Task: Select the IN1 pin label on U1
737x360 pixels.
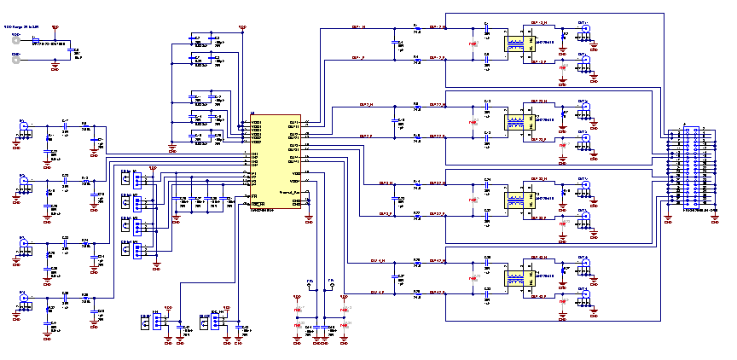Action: point(254,154)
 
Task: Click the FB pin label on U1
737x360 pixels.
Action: point(254,195)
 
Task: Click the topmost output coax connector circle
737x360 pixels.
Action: point(585,29)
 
